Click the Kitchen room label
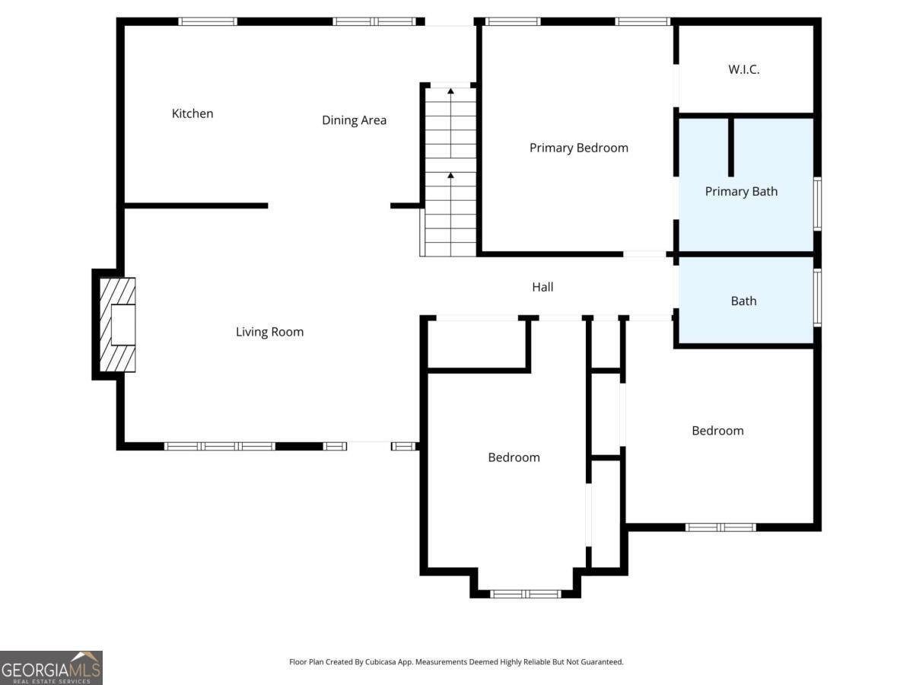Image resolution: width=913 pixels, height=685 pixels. tap(192, 113)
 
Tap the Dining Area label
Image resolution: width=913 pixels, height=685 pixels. tap(354, 120)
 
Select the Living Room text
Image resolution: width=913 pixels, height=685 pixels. tap(269, 332)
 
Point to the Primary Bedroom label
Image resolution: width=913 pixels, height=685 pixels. tap(578, 148)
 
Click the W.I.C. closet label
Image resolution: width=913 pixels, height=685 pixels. tap(743, 69)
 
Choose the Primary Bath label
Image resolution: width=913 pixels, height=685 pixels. tap(741, 191)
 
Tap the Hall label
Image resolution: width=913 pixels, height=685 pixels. tap(542, 287)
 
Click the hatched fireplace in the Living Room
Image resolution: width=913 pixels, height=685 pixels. tap(117, 324)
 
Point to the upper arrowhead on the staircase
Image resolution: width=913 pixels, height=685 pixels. tap(450, 91)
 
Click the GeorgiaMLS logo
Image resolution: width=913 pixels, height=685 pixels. tap(51, 667)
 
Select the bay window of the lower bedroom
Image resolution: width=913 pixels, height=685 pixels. tap(525, 594)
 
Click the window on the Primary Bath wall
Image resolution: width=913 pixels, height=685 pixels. tap(817, 204)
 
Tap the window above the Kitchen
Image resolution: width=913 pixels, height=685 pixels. tap(208, 21)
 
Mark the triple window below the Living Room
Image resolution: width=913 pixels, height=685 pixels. tap(220, 446)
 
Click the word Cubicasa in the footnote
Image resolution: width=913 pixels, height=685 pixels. tap(380, 661)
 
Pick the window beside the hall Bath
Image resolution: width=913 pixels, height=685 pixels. tap(817, 298)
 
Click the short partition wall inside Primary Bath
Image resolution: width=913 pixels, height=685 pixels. tap(731, 147)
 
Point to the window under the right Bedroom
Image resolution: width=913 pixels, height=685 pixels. tap(721, 527)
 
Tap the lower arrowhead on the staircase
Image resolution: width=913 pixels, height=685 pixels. tap(450, 176)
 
